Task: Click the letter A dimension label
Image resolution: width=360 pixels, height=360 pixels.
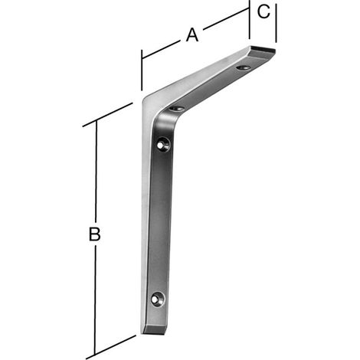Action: coord(192,35)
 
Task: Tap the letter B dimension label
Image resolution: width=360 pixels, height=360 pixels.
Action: coord(94,234)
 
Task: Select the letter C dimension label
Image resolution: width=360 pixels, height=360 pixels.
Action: coord(263,11)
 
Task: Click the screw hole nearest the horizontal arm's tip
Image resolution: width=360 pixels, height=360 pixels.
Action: coord(243,67)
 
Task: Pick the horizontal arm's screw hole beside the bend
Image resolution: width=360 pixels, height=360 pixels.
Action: coord(176,109)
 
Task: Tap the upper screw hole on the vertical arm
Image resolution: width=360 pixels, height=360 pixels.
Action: coord(163,145)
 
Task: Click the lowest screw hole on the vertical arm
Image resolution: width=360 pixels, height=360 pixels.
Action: coord(158,299)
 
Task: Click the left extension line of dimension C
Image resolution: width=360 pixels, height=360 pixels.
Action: coord(250,19)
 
